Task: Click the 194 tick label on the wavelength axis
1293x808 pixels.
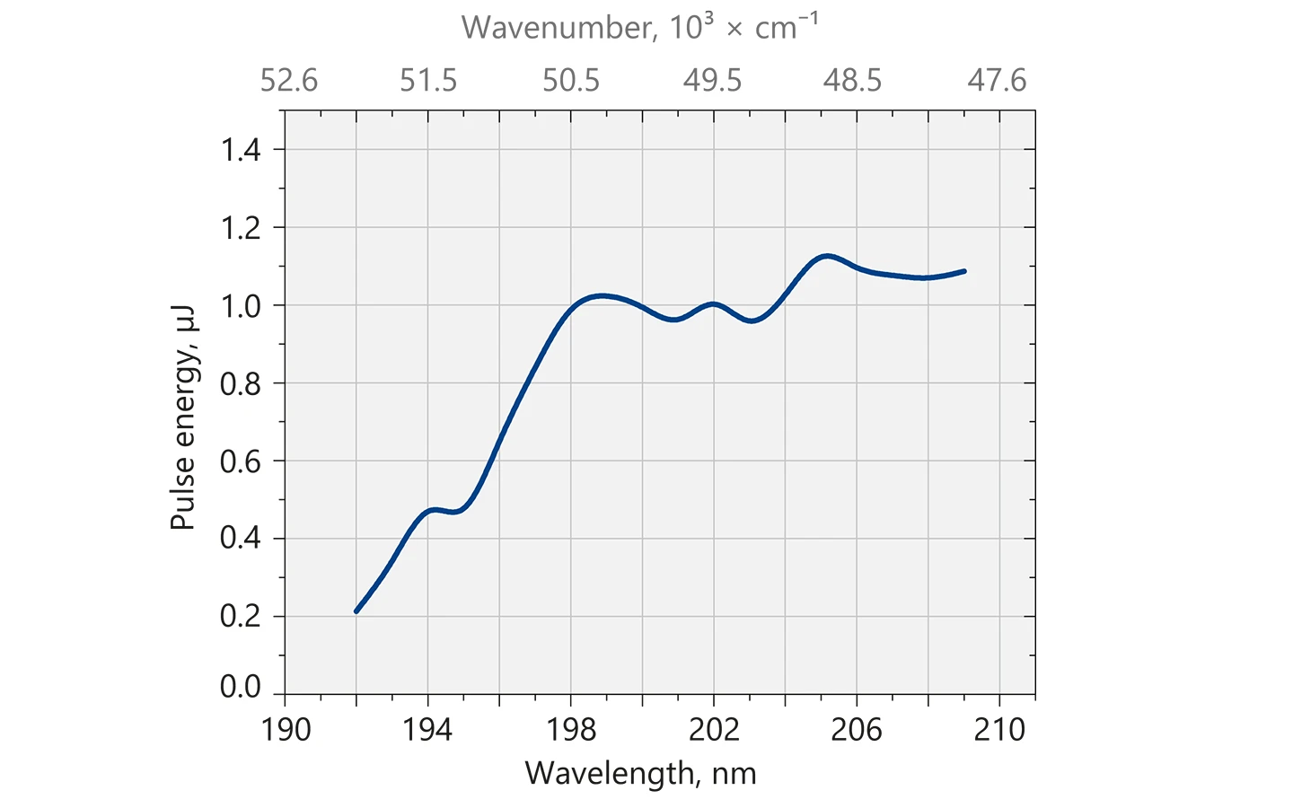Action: click(x=427, y=729)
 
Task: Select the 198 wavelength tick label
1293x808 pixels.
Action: click(x=571, y=729)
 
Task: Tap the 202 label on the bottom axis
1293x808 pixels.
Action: click(x=714, y=729)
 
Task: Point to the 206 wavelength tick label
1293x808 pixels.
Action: click(x=857, y=729)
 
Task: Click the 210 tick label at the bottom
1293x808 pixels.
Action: click(x=999, y=729)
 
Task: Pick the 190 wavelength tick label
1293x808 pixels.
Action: click(x=286, y=729)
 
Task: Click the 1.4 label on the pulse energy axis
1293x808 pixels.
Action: click(x=241, y=150)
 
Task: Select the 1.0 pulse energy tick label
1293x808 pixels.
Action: click(x=241, y=305)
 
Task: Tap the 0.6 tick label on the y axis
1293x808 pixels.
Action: click(x=241, y=461)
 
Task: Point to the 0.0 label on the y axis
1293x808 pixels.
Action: click(x=241, y=687)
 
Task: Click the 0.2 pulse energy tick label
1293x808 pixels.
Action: click(x=241, y=617)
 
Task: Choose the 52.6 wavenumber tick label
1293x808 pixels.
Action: click(x=289, y=81)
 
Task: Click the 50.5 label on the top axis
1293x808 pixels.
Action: click(x=571, y=81)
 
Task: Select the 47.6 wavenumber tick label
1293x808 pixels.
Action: click(x=997, y=81)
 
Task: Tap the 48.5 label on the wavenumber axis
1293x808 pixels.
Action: click(x=853, y=81)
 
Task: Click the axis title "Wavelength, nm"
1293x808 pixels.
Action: click(x=641, y=773)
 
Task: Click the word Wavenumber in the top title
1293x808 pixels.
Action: click(x=559, y=28)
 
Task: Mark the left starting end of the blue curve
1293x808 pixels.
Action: click(x=356, y=611)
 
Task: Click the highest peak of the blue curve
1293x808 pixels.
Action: click(x=826, y=256)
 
